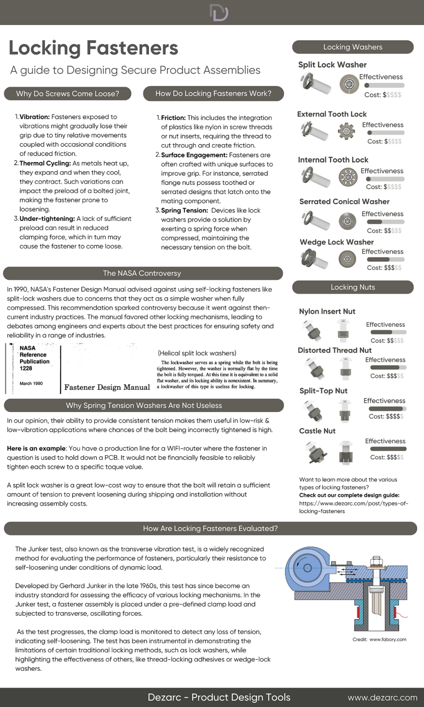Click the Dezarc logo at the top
click(x=219, y=12)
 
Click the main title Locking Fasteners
click(x=93, y=48)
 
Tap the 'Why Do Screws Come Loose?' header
click(x=68, y=93)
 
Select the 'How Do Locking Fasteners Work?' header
click(x=213, y=93)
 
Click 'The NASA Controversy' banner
click(x=142, y=273)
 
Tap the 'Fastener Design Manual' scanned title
click(x=107, y=387)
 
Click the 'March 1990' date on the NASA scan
click(x=31, y=383)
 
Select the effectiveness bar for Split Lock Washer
click(x=384, y=85)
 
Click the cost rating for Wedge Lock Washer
click(x=384, y=267)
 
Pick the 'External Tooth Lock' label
click(x=332, y=114)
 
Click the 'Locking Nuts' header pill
click(x=353, y=287)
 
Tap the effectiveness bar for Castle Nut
click(x=388, y=449)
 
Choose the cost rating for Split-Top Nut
click(x=386, y=416)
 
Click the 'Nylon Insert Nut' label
click(x=327, y=312)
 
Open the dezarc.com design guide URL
click(x=353, y=507)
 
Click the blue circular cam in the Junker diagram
click(x=304, y=569)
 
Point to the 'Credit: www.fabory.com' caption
click(x=379, y=639)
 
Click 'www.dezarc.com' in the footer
click(x=382, y=697)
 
